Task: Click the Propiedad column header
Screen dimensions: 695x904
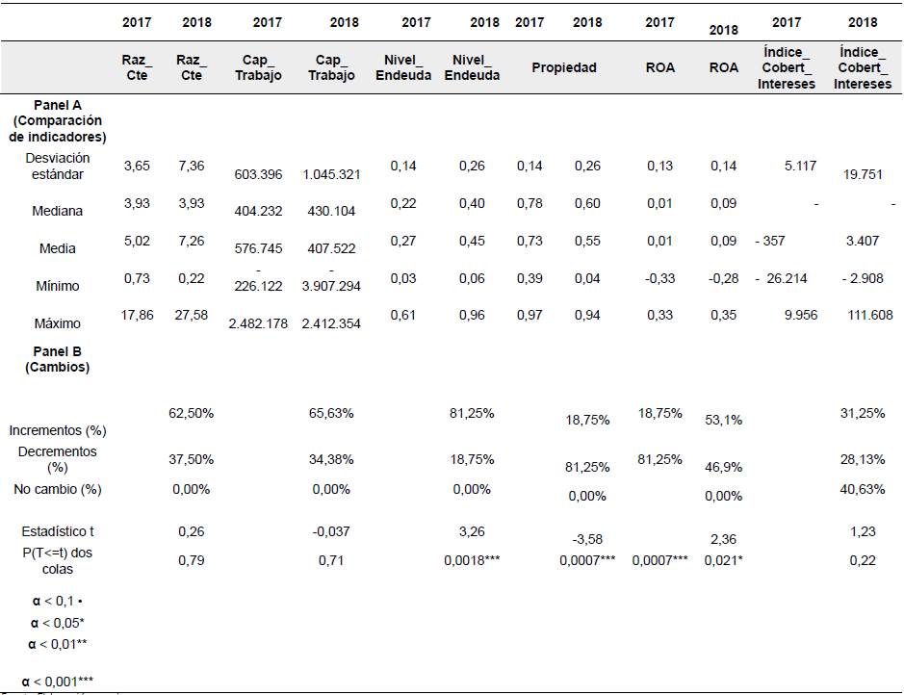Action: [x=564, y=67]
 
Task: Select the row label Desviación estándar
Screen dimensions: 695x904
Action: [x=57, y=166]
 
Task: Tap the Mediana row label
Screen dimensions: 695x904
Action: [x=57, y=211]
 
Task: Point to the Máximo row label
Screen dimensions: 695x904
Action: [x=57, y=323]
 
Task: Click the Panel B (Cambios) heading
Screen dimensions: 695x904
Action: [x=57, y=359]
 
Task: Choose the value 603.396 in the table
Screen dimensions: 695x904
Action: [x=258, y=174]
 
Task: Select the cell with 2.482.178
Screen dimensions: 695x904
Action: [x=258, y=323]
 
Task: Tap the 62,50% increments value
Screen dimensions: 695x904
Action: [x=190, y=413]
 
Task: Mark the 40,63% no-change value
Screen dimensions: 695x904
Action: [x=863, y=489]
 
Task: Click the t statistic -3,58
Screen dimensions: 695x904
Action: [x=587, y=540]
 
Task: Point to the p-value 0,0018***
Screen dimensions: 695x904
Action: [x=472, y=560]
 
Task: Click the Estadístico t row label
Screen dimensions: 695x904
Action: [x=57, y=531]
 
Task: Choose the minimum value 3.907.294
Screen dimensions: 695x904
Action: [x=331, y=287]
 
